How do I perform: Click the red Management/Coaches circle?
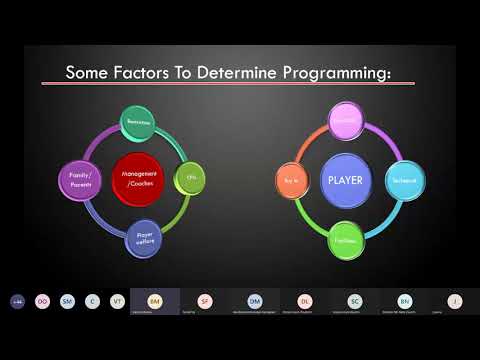click(x=140, y=179)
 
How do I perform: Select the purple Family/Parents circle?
click(x=79, y=179)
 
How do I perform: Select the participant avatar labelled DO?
click(x=42, y=300)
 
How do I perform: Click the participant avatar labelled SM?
click(x=67, y=300)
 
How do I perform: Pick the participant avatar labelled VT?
click(x=117, y=300)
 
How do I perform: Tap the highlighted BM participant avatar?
click(x=155, y=299)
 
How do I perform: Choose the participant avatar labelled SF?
click(x=205, y=299)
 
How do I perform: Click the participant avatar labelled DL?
click(x=305, y=299)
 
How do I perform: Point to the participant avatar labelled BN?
click(x=405, y=299)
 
